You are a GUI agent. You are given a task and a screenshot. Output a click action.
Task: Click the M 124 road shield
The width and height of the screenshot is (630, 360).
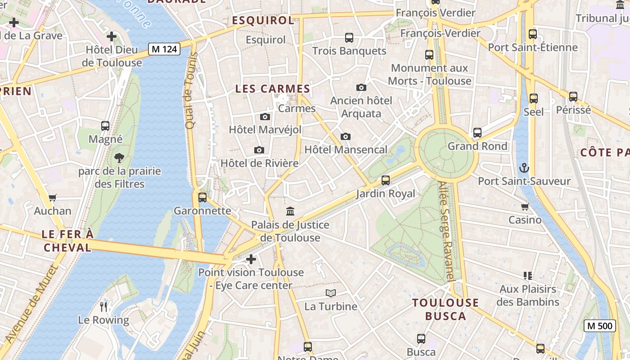[164, 49]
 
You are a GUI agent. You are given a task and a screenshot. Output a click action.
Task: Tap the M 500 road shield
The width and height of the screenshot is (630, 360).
[599, 326]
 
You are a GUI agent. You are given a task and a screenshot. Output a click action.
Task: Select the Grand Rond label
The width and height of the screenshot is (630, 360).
[477, 146]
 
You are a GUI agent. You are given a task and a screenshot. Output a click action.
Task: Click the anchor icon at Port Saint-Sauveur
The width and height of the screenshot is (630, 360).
[524, 168]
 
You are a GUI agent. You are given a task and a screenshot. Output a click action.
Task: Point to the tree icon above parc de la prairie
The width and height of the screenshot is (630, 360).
[119, 158]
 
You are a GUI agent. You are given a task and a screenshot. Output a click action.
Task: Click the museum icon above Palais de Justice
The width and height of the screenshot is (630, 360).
[290, 211]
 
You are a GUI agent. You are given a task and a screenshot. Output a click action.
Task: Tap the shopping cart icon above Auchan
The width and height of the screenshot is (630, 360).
[53, 198]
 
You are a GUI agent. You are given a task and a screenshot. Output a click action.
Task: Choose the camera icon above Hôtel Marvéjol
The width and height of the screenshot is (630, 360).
[265, 117]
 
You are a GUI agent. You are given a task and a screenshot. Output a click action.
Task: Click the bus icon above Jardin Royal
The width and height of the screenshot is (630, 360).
[386, 180]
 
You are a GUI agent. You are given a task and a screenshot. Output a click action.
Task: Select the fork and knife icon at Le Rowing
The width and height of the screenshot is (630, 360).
[103, 307]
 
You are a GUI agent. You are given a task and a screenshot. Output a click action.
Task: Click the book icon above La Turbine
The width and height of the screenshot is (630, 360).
[331, 293]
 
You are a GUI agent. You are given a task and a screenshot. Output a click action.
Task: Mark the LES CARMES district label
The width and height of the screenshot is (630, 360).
[273, 89]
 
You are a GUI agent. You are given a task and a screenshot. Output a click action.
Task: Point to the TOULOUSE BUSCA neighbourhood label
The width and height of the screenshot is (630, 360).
[445, 309]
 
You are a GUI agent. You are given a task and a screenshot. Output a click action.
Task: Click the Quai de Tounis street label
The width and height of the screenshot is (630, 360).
[191, 90]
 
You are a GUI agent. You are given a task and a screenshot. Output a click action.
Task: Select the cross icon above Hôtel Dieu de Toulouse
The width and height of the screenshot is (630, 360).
[112, 36]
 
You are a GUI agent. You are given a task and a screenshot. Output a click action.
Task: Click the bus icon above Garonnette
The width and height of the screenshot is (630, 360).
[202, 197]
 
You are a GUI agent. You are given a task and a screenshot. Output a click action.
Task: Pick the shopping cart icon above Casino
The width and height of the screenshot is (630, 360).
[525, 207]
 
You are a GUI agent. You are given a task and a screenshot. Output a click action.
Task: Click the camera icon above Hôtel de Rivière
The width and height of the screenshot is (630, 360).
[259, 150]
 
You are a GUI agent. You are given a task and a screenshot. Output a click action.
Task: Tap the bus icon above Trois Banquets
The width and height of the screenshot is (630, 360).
[349, 38]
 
